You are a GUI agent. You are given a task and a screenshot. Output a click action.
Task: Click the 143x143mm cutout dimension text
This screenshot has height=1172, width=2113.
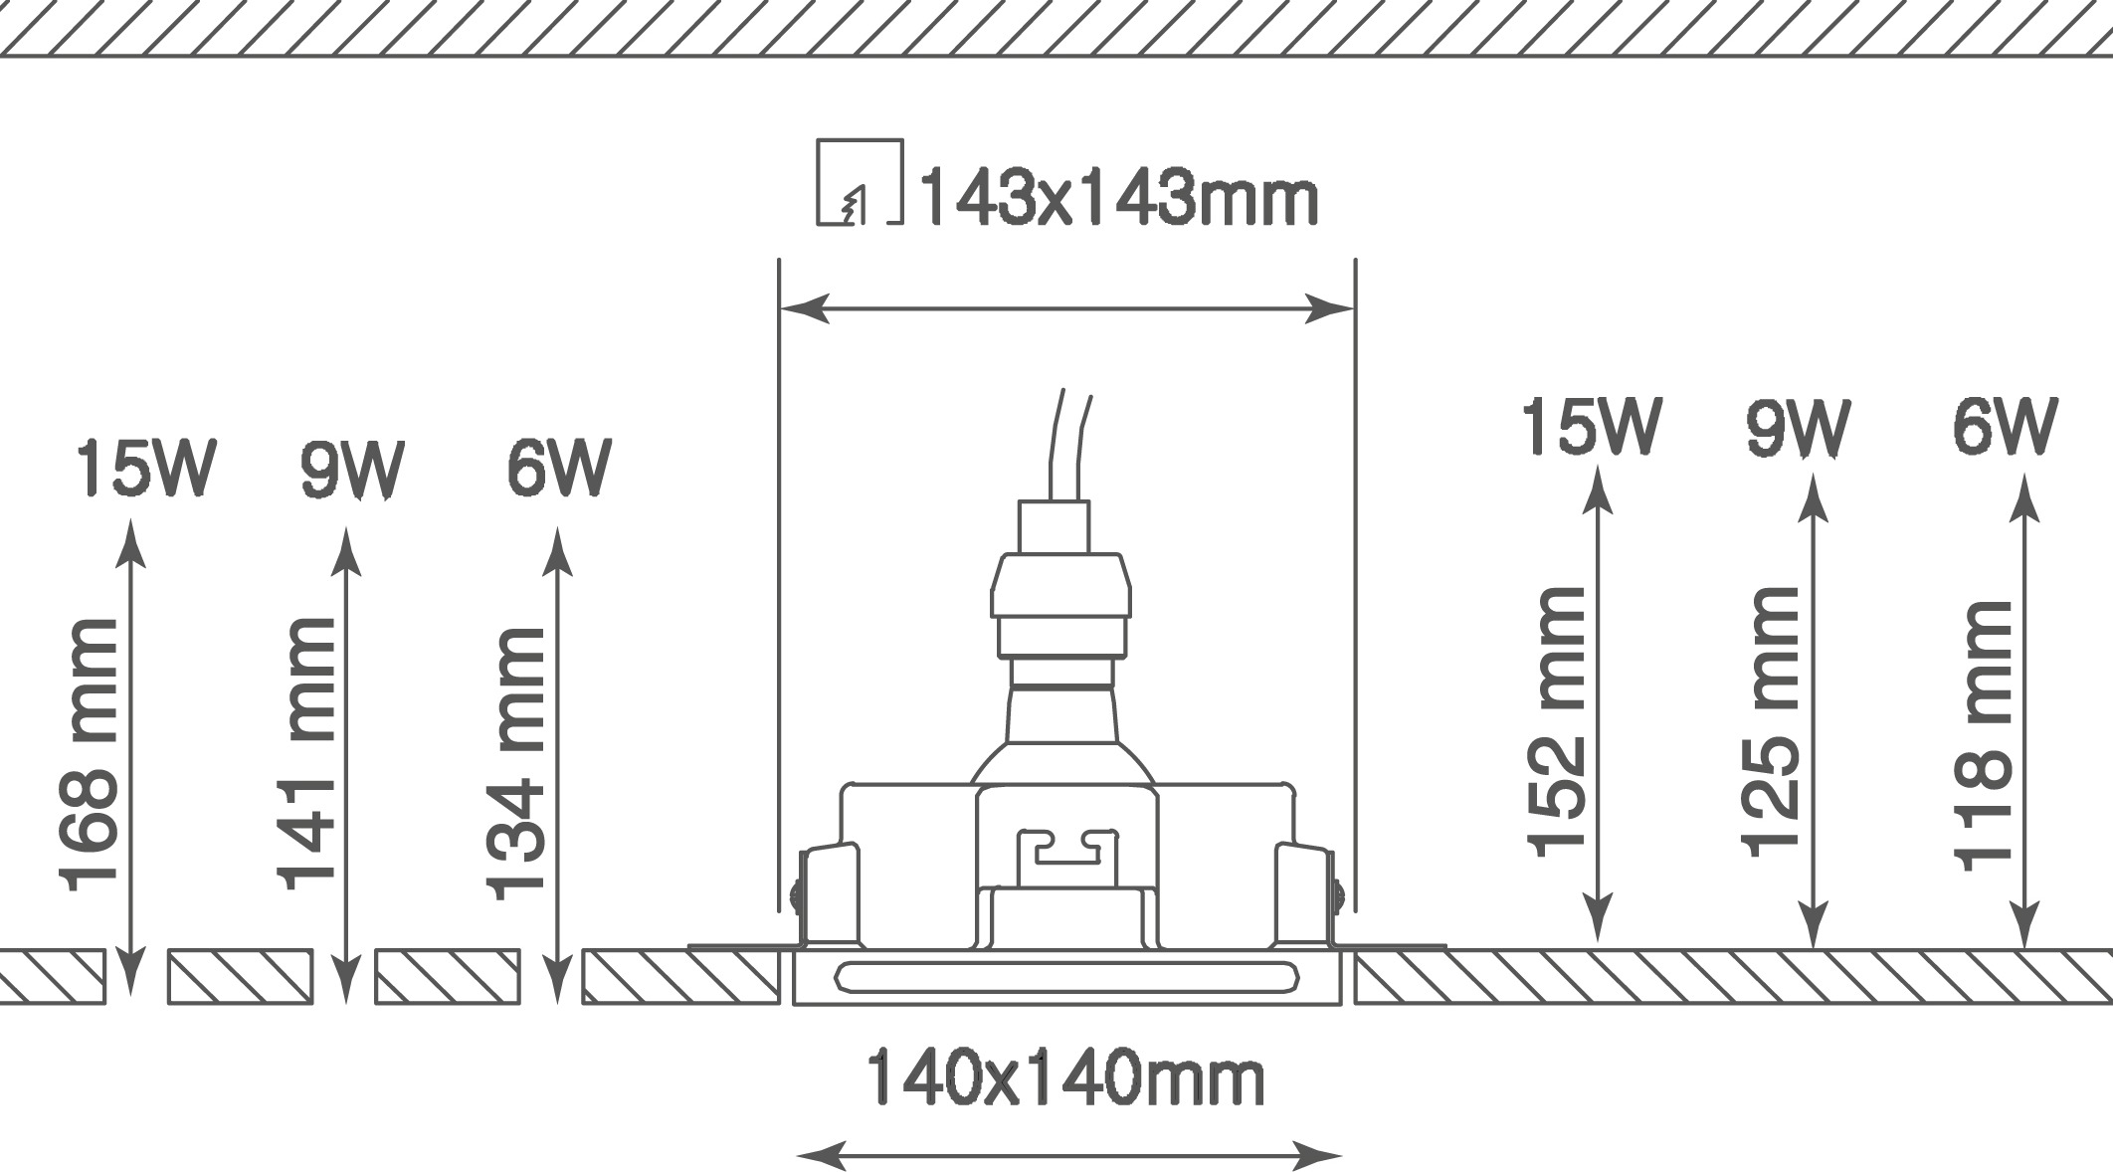point(1118,199)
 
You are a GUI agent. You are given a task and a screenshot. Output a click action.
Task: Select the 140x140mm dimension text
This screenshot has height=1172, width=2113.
point(1065,1078)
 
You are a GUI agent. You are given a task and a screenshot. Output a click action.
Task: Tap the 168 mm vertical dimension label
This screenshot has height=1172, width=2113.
point(89,755)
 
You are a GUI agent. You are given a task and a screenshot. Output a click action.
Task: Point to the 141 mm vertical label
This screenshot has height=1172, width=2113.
point(305,753)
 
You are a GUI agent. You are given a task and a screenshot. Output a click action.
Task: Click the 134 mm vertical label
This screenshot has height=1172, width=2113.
point(515,764)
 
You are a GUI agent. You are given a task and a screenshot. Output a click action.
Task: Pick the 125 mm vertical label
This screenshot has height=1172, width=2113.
point(1770,722)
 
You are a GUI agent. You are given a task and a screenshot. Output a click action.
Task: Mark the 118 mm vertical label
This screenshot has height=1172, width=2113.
point(1983,736)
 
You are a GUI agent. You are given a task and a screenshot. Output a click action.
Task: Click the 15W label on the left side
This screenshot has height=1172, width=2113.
point(145,468)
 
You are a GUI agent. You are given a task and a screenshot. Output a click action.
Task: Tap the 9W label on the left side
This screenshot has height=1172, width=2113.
point(353,468)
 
